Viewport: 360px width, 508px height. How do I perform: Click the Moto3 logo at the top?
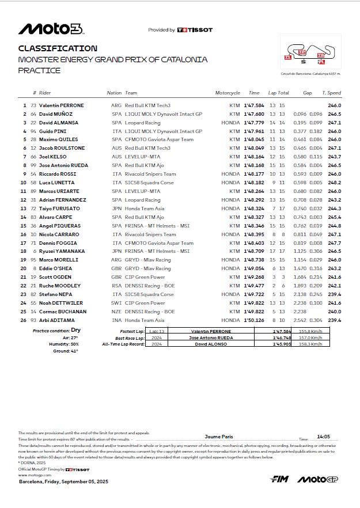[x=51, y=29]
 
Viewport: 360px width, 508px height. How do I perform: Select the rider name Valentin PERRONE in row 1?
[x=61, y=105]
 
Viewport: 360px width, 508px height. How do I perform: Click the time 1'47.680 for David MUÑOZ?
[x=253, y=114]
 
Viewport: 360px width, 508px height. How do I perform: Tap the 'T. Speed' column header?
[x=331, y=93]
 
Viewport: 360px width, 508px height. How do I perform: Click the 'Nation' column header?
[x=114, y=93]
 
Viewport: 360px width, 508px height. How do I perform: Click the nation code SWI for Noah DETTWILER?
[x=117, y=303]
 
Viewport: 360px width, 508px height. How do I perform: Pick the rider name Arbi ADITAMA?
[x=58, y=320]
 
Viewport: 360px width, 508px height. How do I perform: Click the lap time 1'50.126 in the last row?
[x=253, y=320]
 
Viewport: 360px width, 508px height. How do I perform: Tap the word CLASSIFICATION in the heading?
[x=58, y=48]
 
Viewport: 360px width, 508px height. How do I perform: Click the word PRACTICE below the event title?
[x=39, y=70]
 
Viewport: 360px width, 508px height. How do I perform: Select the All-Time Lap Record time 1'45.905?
[x=282, y=344]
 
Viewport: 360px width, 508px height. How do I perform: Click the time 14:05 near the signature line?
[x=323, y=437]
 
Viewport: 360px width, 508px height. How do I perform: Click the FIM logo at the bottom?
[x=279, y=479]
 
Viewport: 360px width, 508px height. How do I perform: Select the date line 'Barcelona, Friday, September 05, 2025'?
[x=63, y=481]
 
